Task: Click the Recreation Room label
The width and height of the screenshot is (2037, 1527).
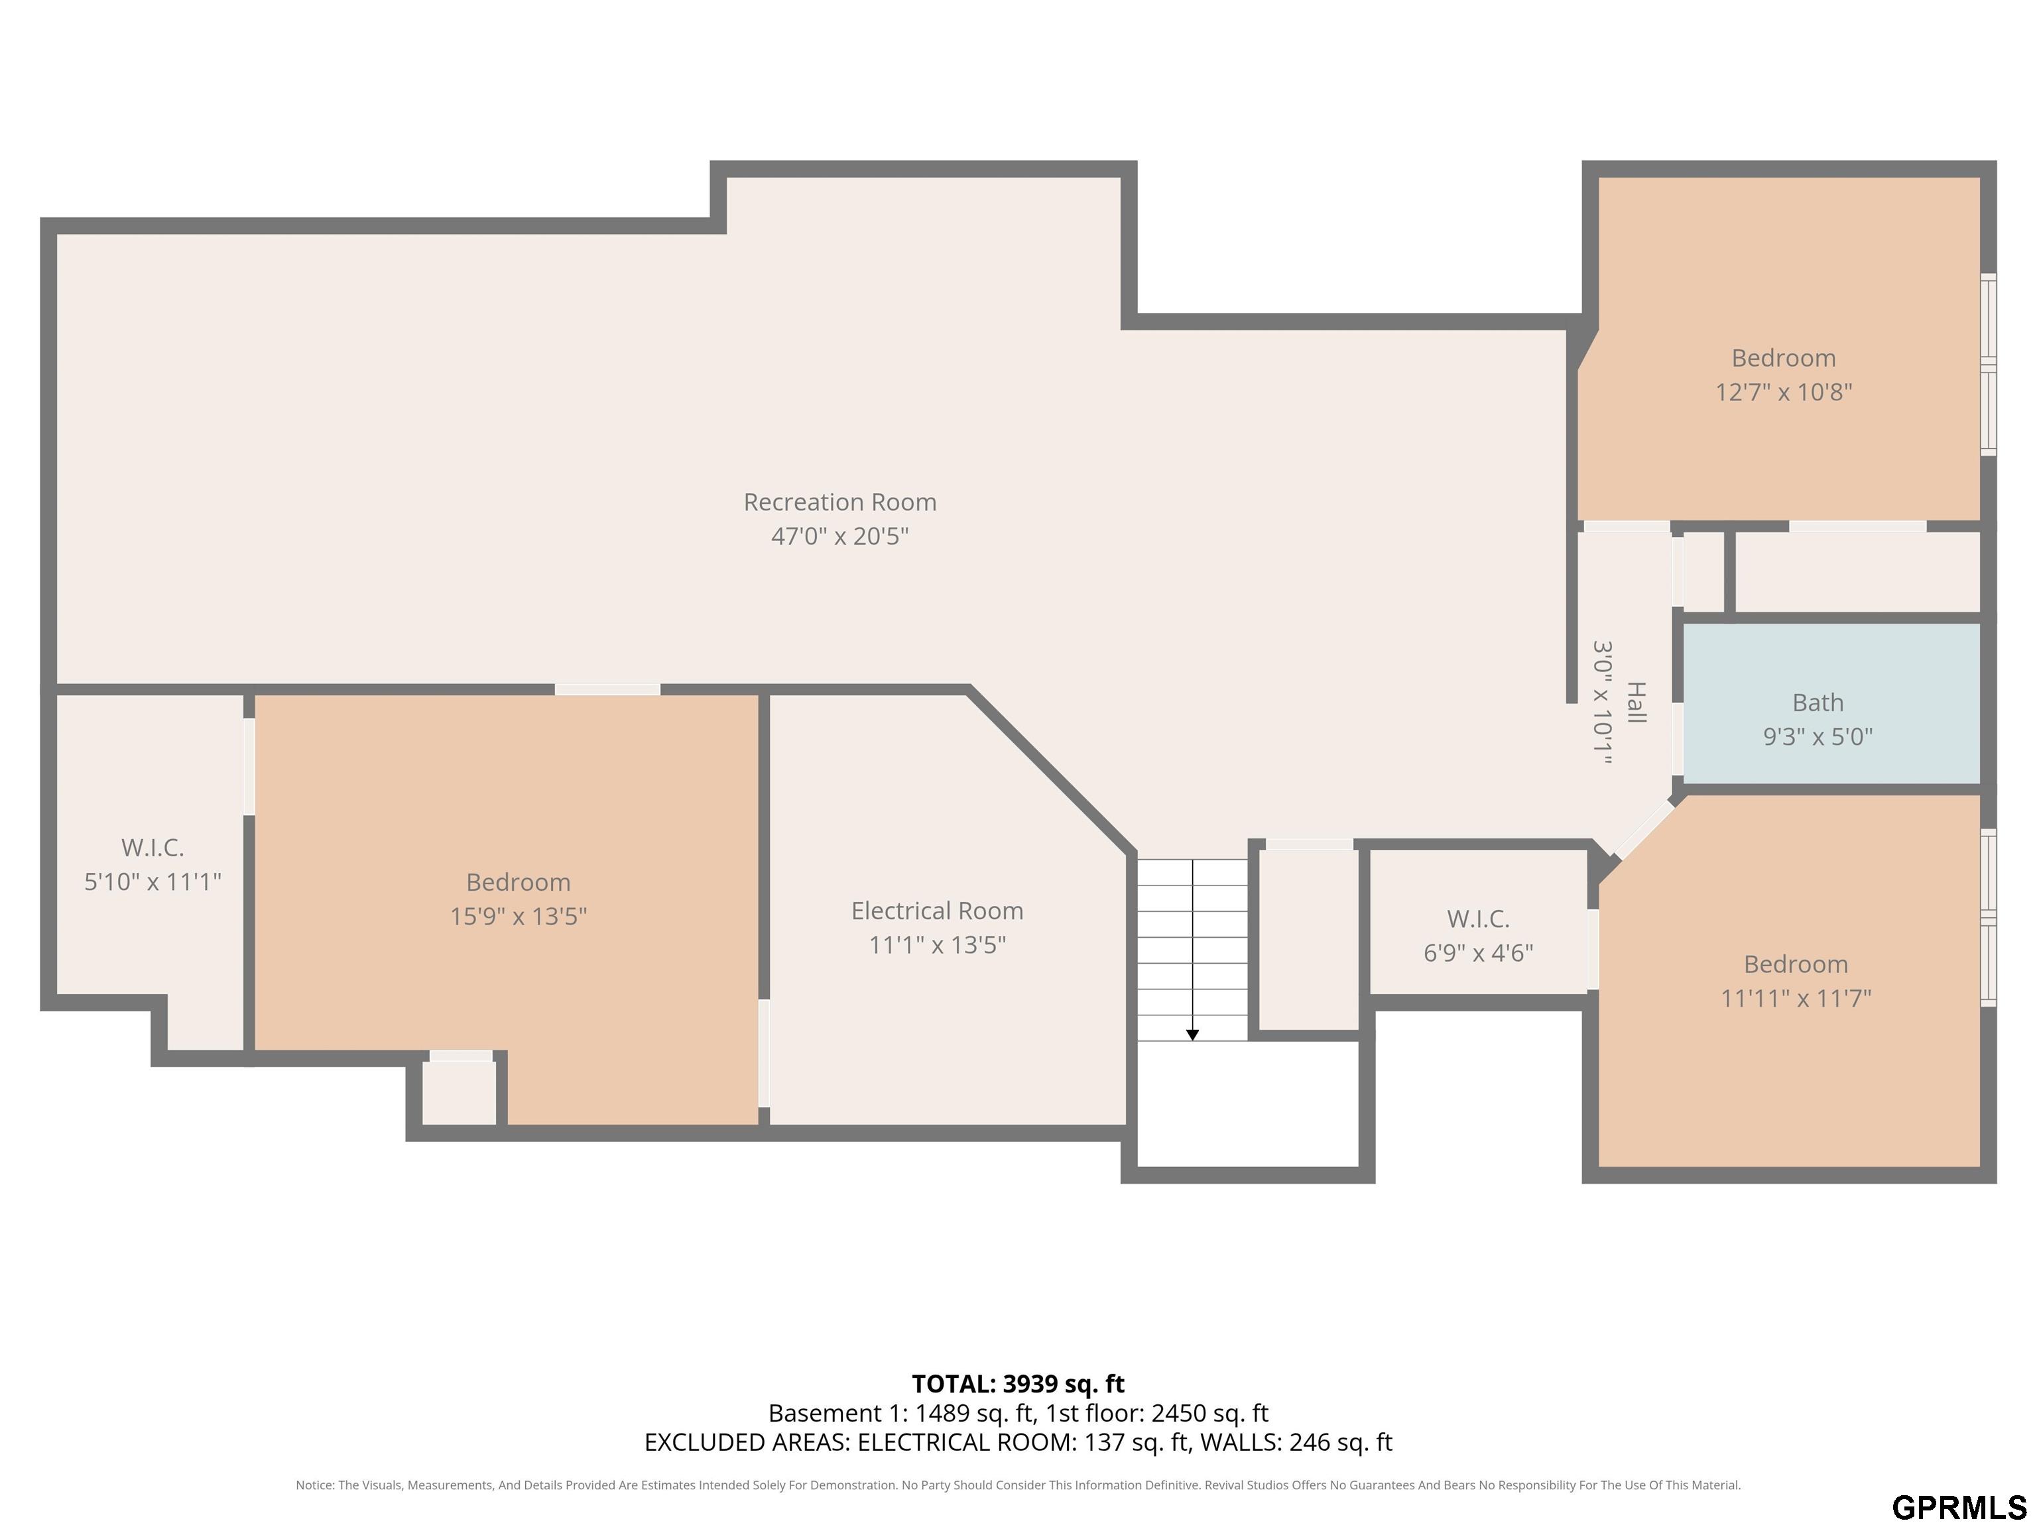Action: tap(840, 502)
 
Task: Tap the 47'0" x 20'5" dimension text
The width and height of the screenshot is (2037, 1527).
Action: tap(840, 536)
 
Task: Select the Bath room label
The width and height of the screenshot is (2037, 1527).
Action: tap(1818, 703)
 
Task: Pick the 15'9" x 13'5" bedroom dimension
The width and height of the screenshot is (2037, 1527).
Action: tap(519, 916)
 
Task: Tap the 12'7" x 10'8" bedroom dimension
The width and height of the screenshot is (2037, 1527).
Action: tap(1784, 392)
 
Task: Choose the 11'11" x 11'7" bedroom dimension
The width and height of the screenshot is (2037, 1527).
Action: tap(1796, 997)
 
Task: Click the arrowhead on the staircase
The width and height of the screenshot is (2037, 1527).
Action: tap(1192, 1035)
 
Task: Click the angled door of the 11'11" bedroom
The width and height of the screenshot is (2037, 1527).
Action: tap(1644, 829)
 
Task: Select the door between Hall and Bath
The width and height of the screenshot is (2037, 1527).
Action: tap(1678, 739)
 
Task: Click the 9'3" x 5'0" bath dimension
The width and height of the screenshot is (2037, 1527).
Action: tap(1818, 736)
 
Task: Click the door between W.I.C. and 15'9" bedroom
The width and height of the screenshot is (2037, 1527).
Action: tap(249, 767)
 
